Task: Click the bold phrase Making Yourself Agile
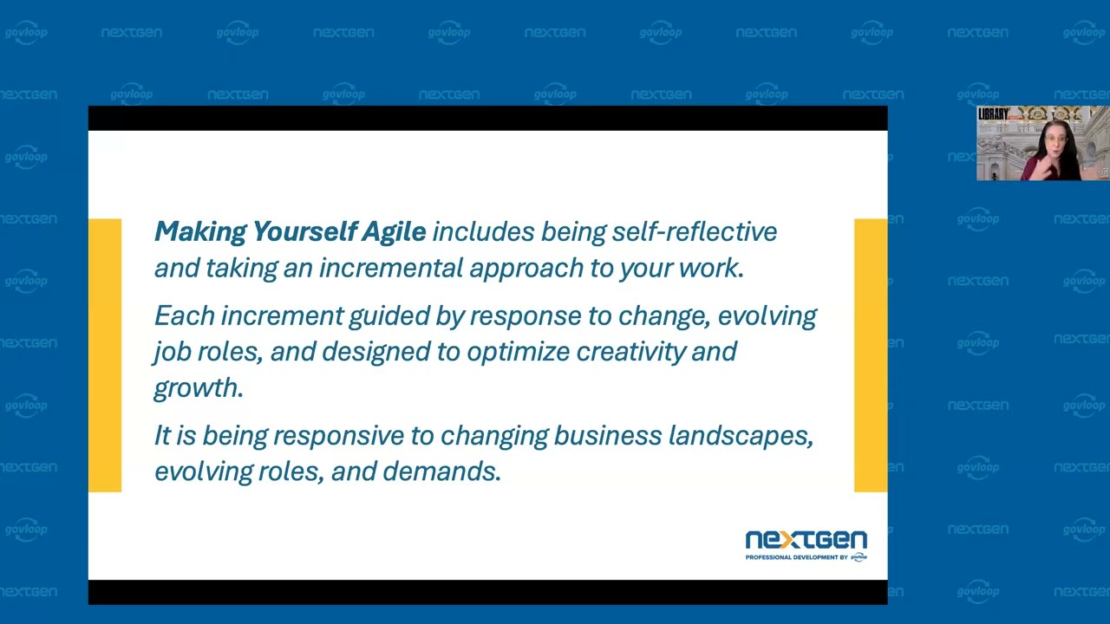click(290, 231)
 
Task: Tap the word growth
click(198, 387)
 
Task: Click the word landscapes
click(740, 435)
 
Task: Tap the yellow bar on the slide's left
click(105, 355)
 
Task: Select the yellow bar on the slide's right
click(871, 355)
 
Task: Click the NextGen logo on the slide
click(806, 541)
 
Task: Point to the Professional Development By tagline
click(795, 558)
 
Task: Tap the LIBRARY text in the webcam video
click(993, 114)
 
